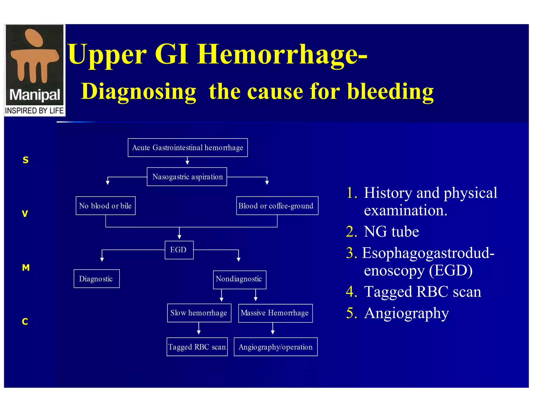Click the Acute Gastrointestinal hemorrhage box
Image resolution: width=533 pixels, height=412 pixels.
point(188,148)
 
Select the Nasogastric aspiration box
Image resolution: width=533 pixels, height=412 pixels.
point(187,177)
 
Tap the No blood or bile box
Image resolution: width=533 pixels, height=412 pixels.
point(105,206)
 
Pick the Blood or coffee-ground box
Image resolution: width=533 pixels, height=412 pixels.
point(277,206)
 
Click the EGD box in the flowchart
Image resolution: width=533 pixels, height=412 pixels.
point(179,250)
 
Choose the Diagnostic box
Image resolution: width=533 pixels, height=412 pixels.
point(97,279)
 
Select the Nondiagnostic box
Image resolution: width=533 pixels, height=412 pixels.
point(239,279)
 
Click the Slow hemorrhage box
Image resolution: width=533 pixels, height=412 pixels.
point(199,313)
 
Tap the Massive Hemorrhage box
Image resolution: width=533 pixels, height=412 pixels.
point(275,313)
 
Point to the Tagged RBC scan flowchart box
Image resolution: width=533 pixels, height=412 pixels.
point(197,347)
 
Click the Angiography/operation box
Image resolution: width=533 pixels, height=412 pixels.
point(276,347)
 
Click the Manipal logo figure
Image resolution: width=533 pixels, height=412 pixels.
point(34,56)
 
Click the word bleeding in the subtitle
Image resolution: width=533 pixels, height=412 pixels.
point(390,92)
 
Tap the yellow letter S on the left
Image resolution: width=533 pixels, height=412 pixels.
point(26,160)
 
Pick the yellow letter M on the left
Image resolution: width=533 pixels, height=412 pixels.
point(26,267)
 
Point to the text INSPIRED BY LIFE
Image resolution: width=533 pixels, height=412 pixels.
point(34,111)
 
